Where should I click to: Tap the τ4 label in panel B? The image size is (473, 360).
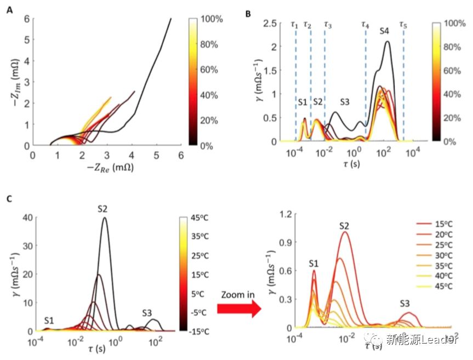click(365, 25)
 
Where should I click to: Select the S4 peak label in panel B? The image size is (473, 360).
click(385, 32)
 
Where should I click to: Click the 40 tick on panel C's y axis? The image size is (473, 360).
click(26, 218)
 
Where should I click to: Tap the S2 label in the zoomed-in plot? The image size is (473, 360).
click(344, 226)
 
